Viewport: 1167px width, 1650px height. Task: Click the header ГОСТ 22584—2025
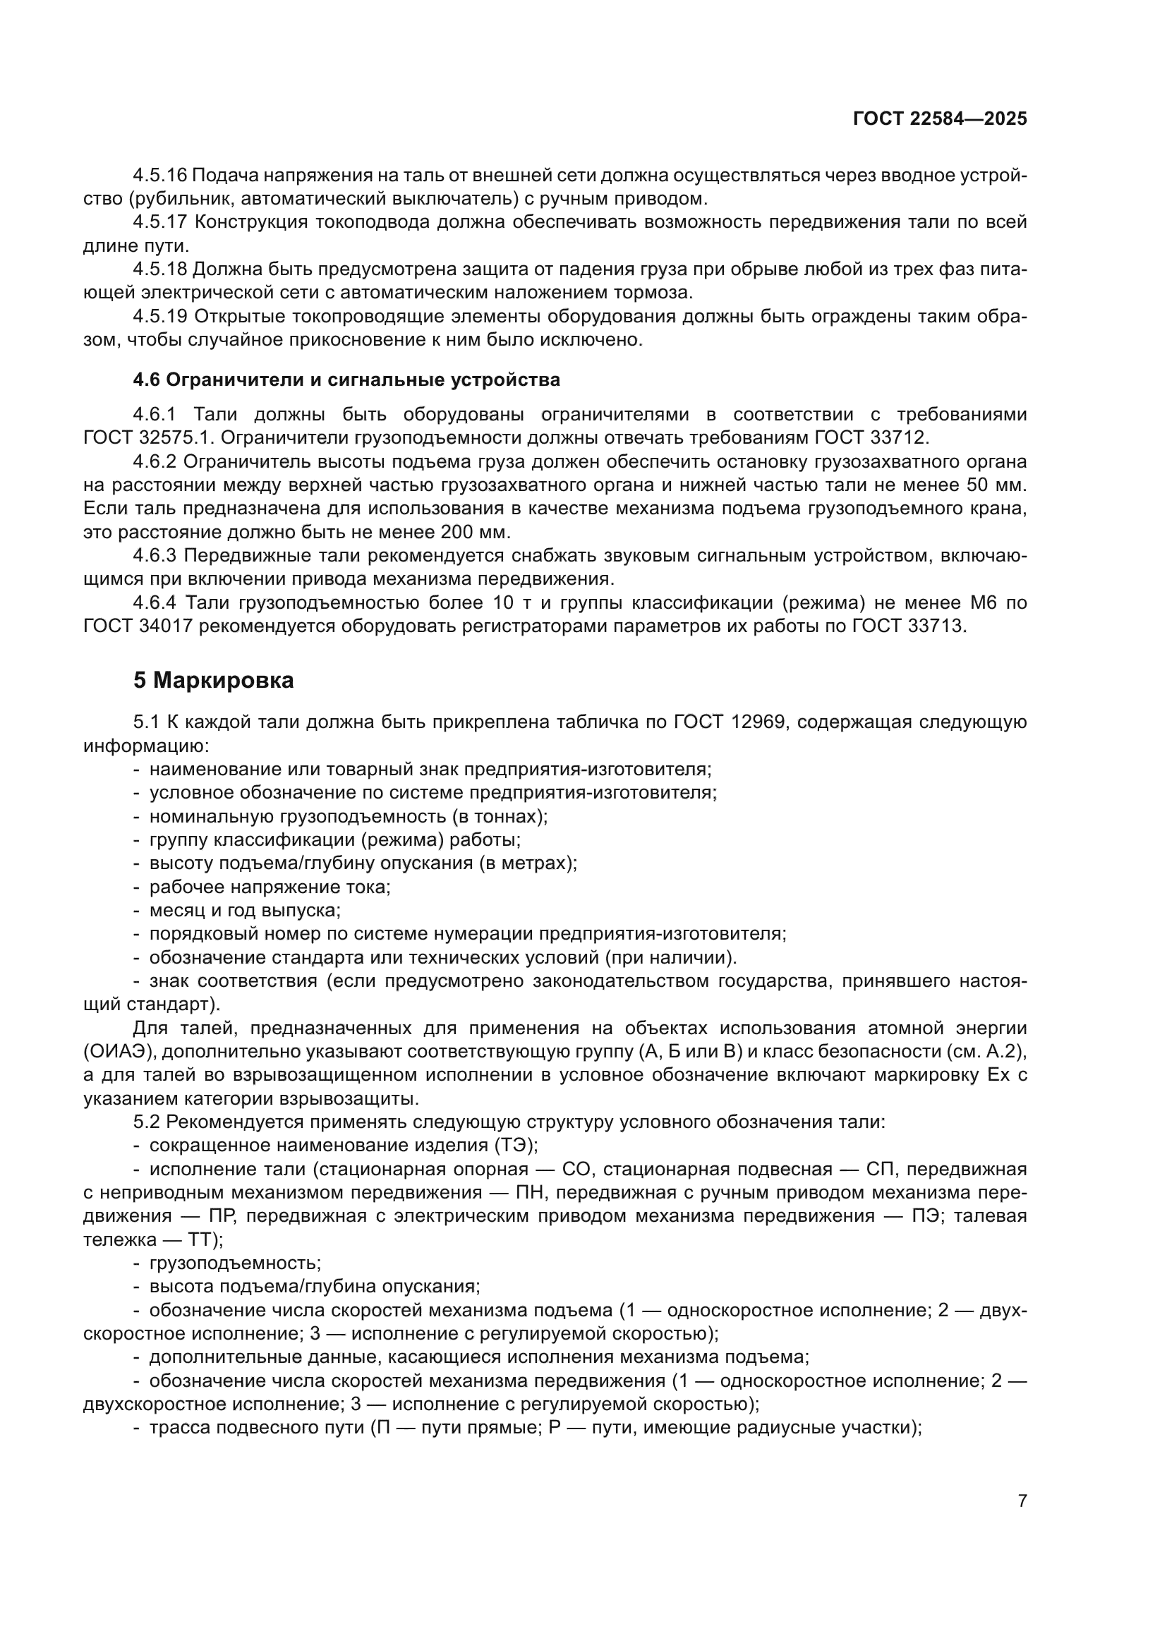coord(939,119)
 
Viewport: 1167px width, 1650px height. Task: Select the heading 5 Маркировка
coord(213,680)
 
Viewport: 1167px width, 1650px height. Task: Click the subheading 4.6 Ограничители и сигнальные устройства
coord(346,380)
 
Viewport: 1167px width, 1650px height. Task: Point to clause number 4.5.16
coord(159,175)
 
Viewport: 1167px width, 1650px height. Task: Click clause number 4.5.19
coord(159,316)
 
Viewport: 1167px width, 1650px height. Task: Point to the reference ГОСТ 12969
coord(732,722)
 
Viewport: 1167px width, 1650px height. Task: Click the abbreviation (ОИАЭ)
coord(120,1051)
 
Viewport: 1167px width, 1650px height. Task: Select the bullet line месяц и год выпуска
coord(244,910)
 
